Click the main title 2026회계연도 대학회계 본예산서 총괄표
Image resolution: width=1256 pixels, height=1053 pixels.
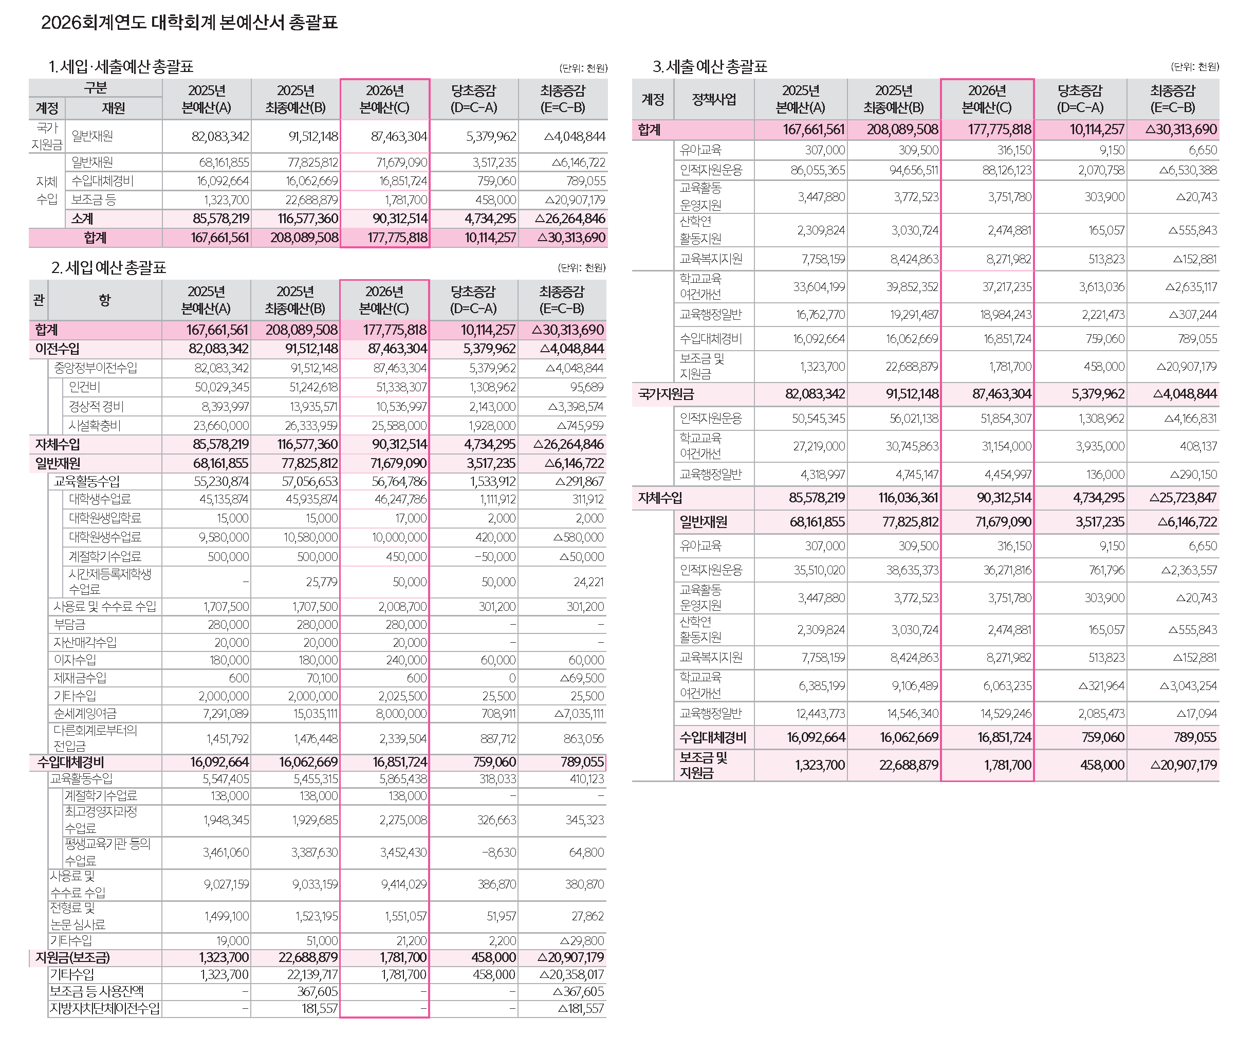coord(189,23)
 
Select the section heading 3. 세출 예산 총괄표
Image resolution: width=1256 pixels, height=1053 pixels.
coord(710,66)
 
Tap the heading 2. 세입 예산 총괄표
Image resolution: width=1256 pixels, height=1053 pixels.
coord(108,267)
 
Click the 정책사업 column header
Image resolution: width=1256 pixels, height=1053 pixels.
coord(713,99)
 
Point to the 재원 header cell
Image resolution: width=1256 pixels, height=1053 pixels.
coord(113,108)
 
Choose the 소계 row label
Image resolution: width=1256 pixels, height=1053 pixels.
coord(83,219)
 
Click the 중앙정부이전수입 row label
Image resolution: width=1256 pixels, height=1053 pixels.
coord(96,368)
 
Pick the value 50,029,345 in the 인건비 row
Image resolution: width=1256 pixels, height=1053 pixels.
coord(221,387)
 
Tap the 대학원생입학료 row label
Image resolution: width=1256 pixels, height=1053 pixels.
coord(105,518)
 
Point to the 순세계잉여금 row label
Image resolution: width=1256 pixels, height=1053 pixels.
coord(85,714)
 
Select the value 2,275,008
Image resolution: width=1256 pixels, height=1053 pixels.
coord(402,820)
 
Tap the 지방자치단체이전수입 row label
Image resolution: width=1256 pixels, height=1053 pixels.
coord(105,1009)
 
